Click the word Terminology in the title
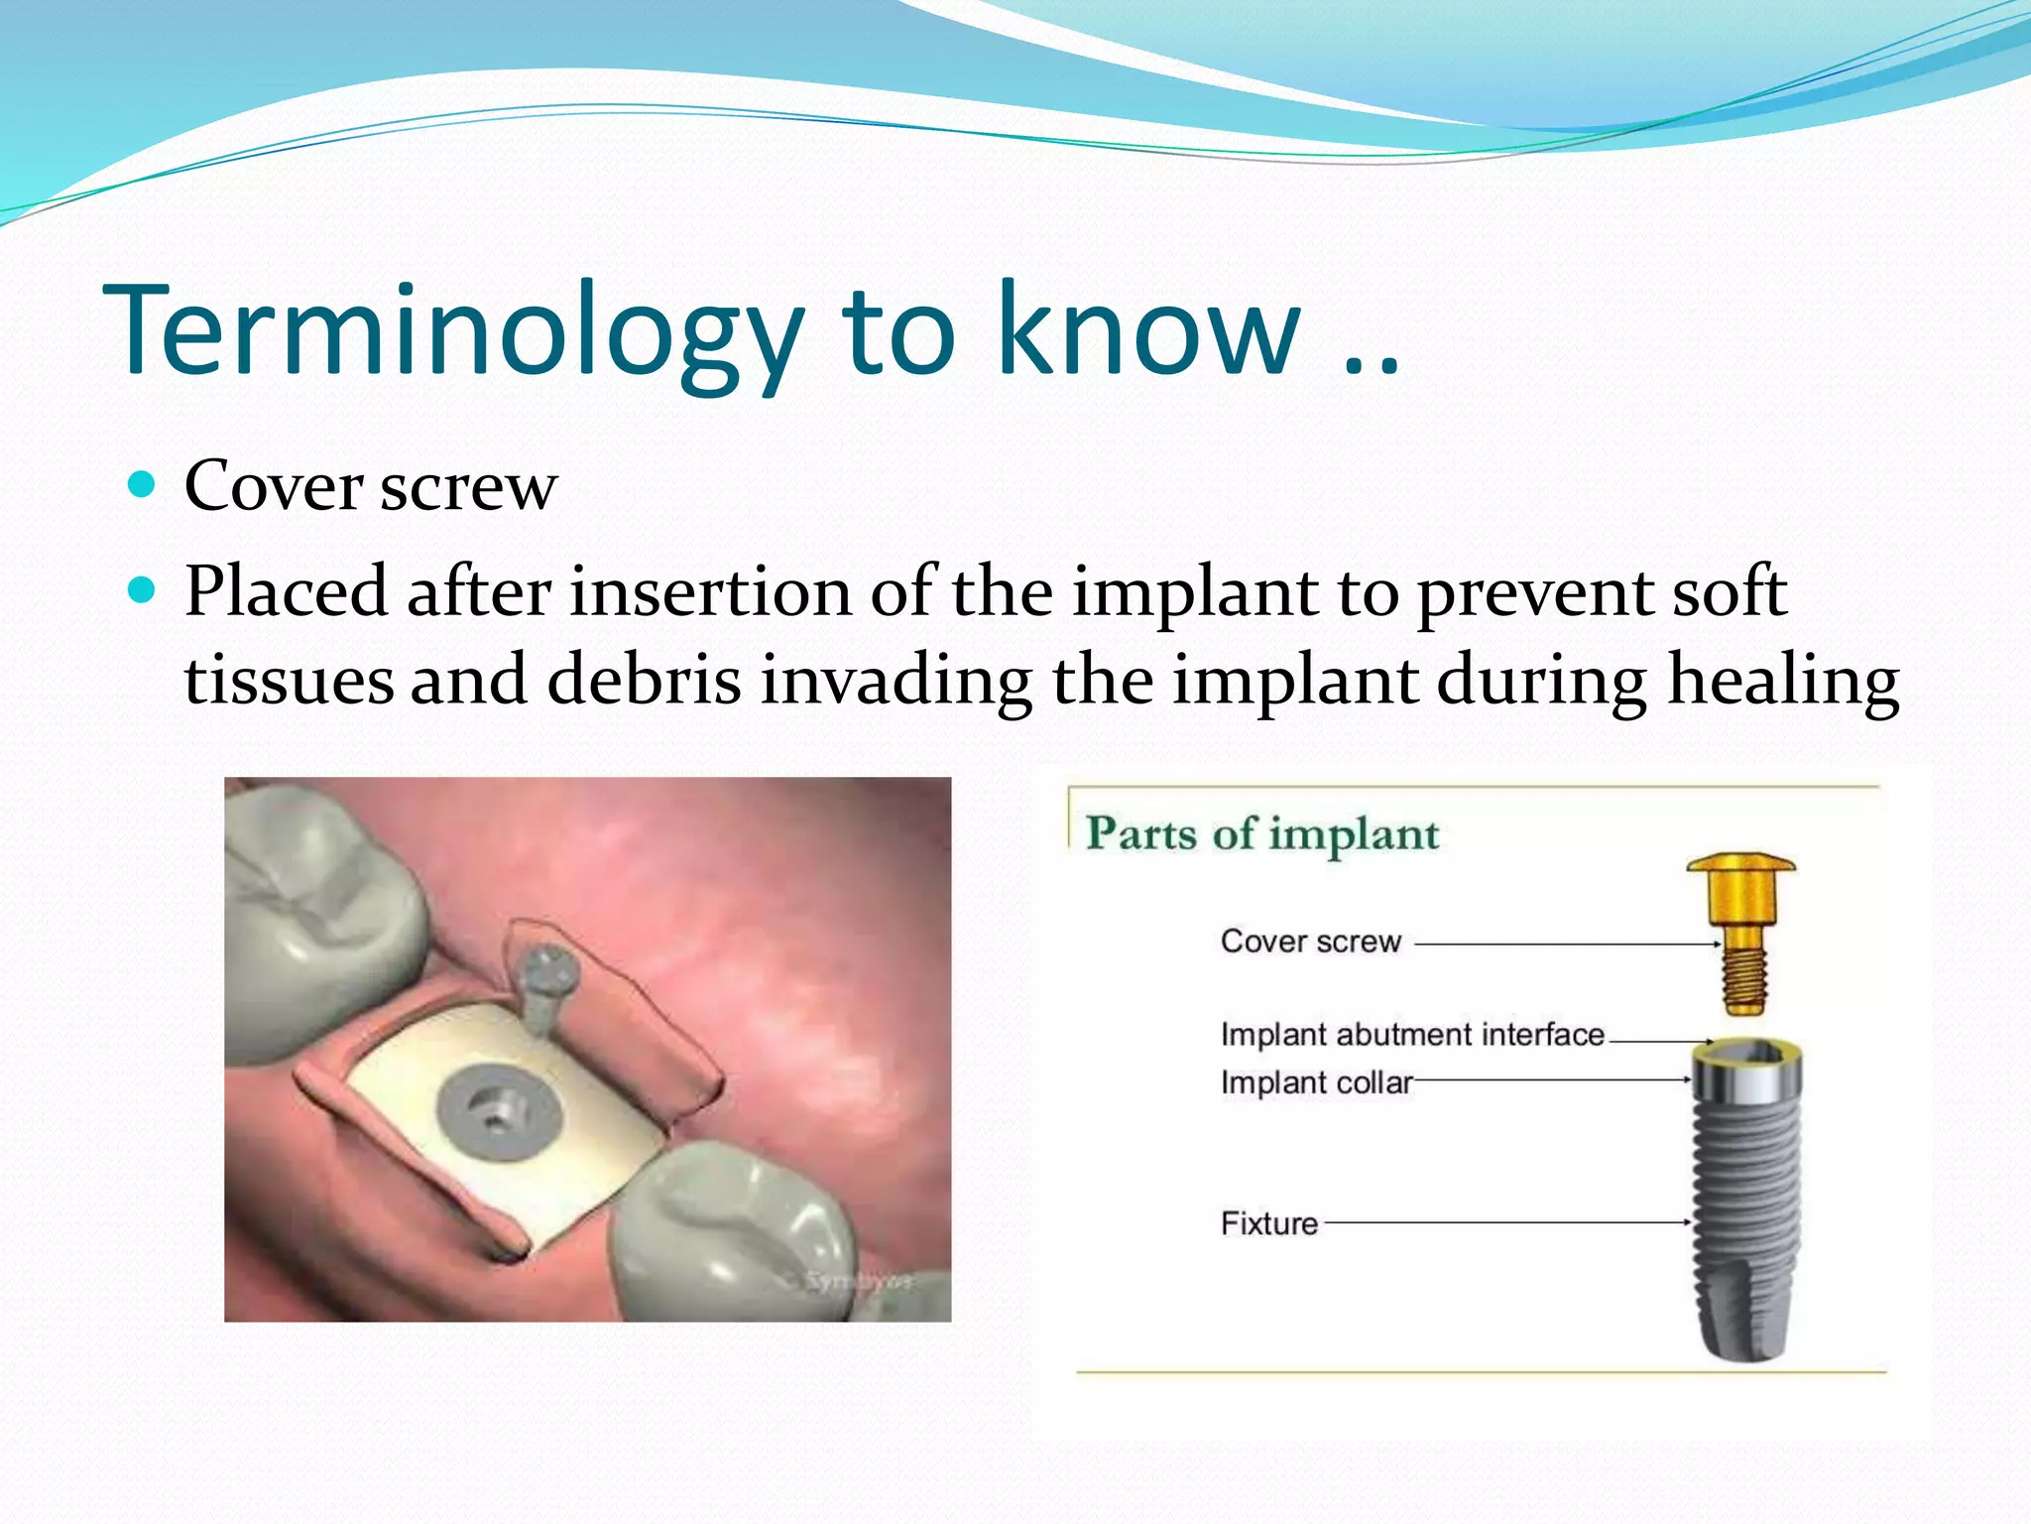click(x=451, y=332)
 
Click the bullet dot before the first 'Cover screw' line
click(x=143, y=485)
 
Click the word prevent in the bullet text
click(x=1534, y=592)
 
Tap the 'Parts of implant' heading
click(x=1261, y=833)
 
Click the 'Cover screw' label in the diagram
click(x=1310, y=942)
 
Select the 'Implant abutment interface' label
click(x=1411, y=1035)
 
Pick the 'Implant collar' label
click(x=1315, y=1082)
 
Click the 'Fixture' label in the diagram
click(x=1268, y=1223)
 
